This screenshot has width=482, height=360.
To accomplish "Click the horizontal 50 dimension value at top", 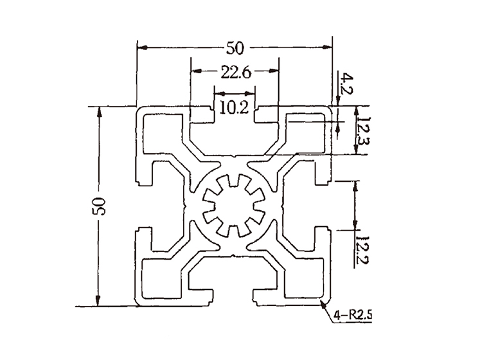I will (234, 48).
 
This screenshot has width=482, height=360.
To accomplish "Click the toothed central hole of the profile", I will (234, 206).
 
